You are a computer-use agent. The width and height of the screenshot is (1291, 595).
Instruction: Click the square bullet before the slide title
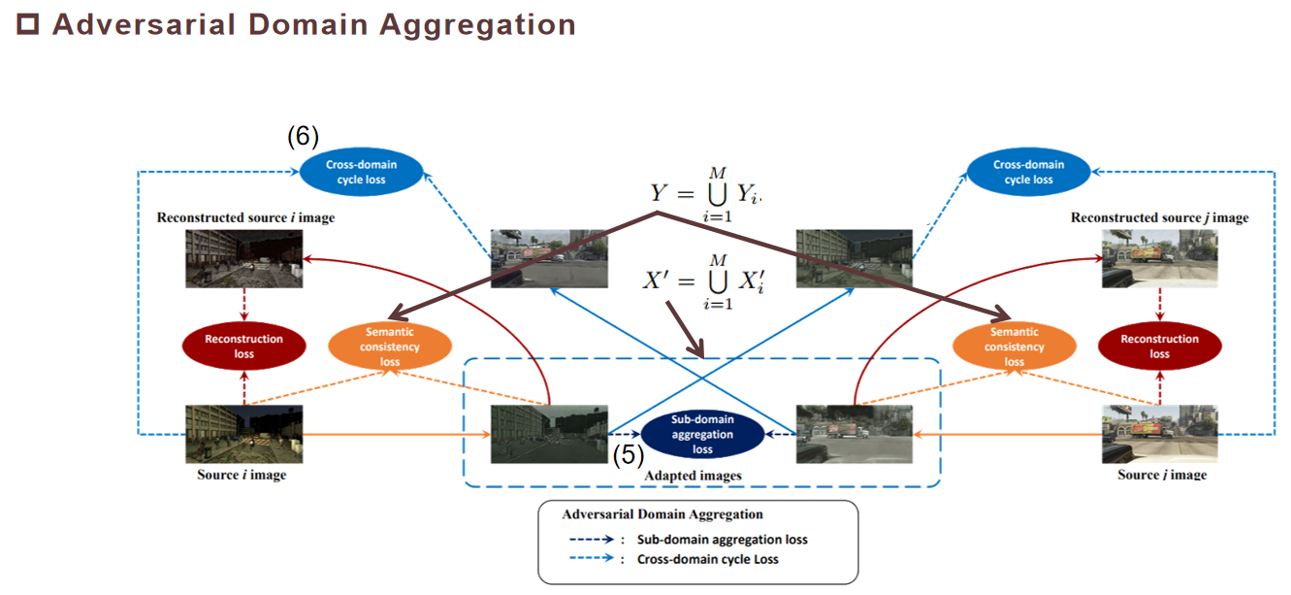click(x=29, y=25)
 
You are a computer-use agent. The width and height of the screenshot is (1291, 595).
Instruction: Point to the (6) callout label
click(x=303, y=137)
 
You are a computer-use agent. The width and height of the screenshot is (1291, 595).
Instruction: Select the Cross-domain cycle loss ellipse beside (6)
click(x=362, y=173)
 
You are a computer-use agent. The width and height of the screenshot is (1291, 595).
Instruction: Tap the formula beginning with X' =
click(x=696, y=281)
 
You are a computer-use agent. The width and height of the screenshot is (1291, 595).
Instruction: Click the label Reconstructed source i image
click(x=245, y=217)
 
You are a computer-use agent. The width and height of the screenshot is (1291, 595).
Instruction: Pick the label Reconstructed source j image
click(x=1159, y=217)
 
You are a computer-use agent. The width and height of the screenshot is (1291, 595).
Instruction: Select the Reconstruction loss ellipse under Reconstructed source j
click(x=1159, y=347)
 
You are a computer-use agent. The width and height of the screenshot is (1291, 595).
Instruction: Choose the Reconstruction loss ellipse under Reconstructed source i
click(x=244, y=347)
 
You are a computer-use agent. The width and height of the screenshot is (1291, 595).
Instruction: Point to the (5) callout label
click(x=629, y=454)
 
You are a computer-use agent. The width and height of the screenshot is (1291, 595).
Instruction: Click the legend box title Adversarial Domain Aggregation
click(x=662, y=514)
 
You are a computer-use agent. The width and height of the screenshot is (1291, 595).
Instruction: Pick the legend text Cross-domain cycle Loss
click(x=707, y=560)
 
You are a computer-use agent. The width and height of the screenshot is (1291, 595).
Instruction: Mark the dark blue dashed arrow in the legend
click(x=594, y=540)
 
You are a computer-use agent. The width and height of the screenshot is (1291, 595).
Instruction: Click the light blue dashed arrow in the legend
click(x=594, y=560)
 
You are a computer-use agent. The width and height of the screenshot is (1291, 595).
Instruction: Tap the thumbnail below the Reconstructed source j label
click(x=1159, y=258)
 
